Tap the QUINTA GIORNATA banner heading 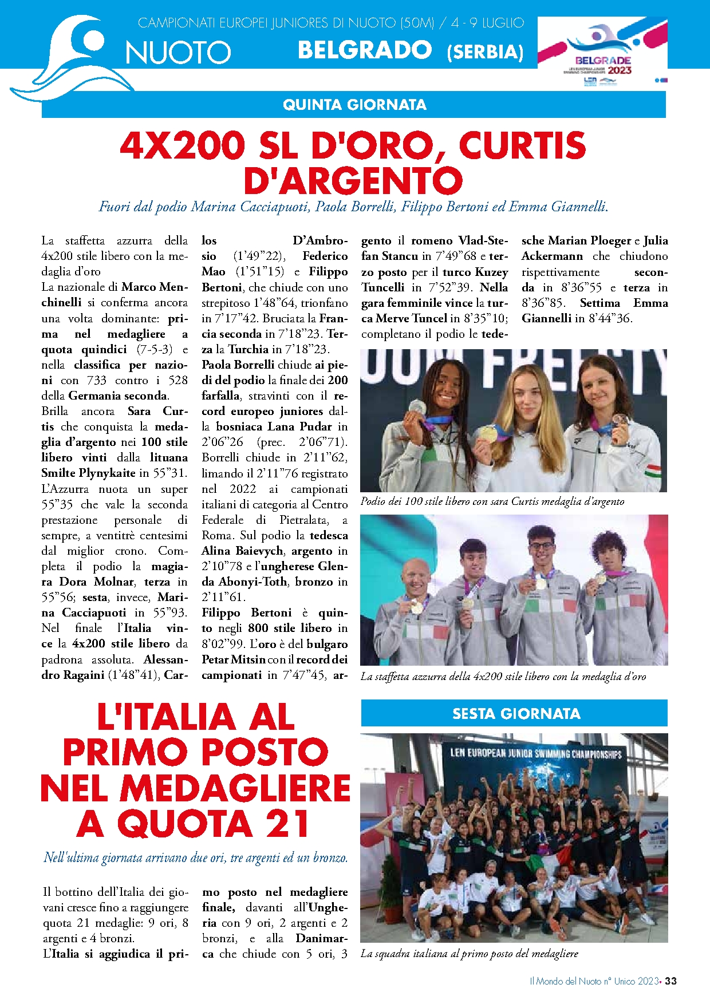tap(354, 105)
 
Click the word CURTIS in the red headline tap(522, 145)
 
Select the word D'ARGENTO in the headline tap(353, 180)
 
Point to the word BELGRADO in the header tap(365, 50)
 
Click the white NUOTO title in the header tap(178, 53)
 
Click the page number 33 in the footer tap(671, 981)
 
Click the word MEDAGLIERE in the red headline tap(235, 788)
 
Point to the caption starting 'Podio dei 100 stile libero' tap(492, 501)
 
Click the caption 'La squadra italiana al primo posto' tap(469, 954)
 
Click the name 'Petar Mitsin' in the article tap(233, 659)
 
